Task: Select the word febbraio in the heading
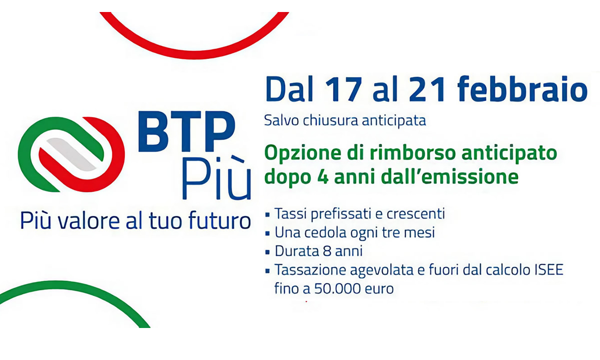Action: (522, 88)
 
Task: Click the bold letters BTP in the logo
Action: (186, 131)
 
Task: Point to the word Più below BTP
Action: (216, 178)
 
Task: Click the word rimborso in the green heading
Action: (413, 152)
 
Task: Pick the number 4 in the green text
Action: (323, 177)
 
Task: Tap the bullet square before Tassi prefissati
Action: (267, 214)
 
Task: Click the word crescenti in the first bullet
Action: (415, 214)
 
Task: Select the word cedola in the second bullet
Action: (325, 232)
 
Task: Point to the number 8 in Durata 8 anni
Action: (327, 251)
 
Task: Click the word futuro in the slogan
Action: (219, 220)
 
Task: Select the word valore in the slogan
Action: (88, 220)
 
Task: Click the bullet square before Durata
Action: (267, 252)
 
